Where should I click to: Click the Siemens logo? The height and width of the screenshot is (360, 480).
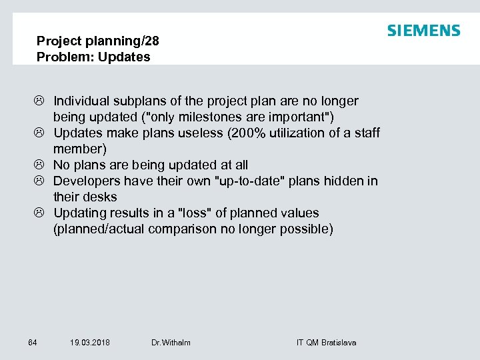(x=423, y=31)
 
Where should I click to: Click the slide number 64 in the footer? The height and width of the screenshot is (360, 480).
(x=33, y=343)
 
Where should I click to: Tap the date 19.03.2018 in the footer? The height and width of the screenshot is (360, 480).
(x=90, y=343)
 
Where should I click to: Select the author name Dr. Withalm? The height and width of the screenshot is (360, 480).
(x=171, y=343)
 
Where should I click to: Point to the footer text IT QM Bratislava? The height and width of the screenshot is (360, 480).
(x=326, y=343)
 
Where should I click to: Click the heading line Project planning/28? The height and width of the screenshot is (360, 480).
(x=98, y=41)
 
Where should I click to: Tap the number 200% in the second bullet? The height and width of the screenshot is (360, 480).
(x=247, y=133)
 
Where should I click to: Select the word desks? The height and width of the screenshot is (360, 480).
(x=101, y=197)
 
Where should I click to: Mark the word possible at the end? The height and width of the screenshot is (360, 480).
(x=310, y=229)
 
